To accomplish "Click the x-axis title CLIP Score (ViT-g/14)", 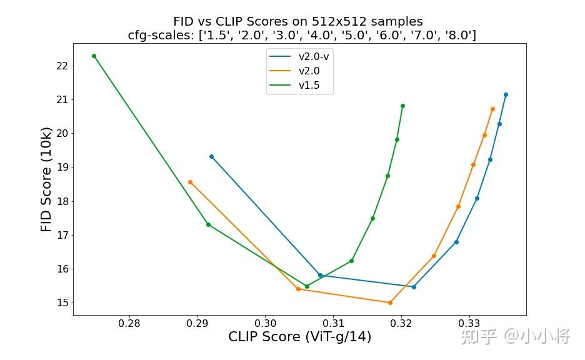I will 299,337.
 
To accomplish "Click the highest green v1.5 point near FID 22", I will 94,56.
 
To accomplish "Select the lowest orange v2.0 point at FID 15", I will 390,302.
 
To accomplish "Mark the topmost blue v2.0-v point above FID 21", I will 506,95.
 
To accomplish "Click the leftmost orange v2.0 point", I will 190,182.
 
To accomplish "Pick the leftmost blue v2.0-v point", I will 211,156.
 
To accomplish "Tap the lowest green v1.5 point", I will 307,286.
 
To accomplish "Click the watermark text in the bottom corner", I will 515,337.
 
